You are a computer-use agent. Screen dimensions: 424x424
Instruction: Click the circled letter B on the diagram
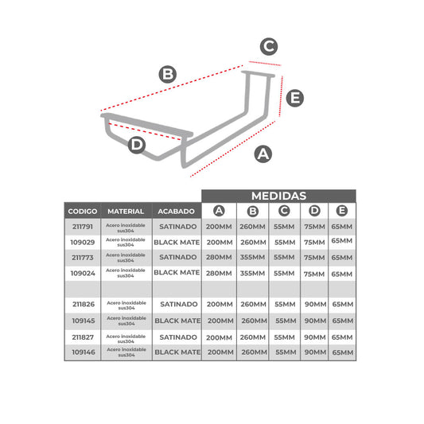[168, 74]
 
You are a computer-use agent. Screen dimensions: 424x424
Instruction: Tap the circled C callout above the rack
[269, 46]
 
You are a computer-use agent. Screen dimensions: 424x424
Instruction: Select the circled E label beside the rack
[295, 98]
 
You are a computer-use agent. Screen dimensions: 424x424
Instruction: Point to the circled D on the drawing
[137, 145]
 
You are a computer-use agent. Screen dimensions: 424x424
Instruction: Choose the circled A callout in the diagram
[263, 154]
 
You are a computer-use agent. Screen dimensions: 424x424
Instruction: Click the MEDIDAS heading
[278, 196]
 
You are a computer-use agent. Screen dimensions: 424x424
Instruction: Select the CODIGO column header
[83, 211]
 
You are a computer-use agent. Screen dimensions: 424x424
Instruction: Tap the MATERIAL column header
[126, 211]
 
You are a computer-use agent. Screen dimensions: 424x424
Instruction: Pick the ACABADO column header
[177, 211]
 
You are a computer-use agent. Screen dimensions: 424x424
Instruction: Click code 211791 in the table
[83, 227]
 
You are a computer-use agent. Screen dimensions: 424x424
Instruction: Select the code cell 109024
[83, 274]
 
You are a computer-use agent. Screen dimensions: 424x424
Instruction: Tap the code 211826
[84, 304]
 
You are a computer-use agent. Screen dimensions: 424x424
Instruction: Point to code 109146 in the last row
[84, 352]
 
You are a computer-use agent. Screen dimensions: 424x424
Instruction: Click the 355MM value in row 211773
[252, 257]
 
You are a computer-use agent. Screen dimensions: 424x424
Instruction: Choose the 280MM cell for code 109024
[219, 274]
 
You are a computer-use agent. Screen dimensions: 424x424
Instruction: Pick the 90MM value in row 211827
[315, 337]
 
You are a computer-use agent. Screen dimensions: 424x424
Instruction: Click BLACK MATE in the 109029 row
[177, 243]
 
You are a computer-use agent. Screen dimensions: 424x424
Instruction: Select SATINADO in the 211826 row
[179, 304]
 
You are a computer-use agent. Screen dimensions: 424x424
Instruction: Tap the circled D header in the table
[314, 211]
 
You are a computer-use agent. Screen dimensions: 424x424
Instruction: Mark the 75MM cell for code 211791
[314, 227]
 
